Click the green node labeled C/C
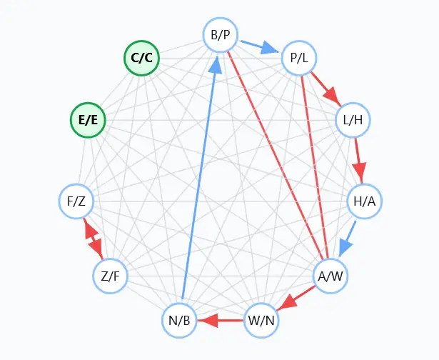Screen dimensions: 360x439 pos(141,59)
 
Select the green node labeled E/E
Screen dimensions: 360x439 pos(88,120)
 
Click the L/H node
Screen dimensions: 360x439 pos(353,120)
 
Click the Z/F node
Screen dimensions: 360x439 pos(111,276)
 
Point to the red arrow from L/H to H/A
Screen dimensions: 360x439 pos(358,160)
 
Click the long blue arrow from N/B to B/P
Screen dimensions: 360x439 pos(199,179)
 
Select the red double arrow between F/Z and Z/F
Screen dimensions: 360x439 pos(94,239)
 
